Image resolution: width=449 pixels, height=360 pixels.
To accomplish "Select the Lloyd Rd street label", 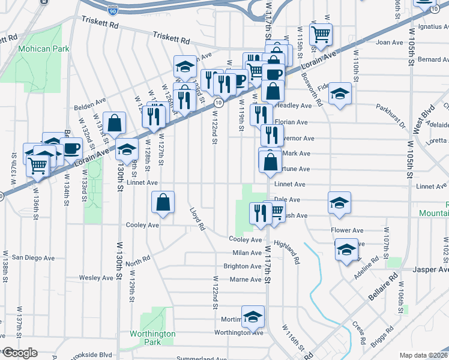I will tap(197, 220).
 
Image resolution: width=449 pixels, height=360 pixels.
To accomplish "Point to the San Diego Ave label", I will tap(34, 257).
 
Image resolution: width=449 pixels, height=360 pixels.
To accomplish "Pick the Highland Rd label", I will tap(286, 253).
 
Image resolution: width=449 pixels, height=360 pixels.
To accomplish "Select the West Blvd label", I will tap(428, 119).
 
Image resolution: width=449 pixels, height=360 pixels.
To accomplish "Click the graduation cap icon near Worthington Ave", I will tap(253, 316).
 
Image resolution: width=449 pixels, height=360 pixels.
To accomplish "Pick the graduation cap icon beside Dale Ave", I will tap(339, 203).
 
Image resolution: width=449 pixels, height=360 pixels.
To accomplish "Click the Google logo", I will tap(19, 353).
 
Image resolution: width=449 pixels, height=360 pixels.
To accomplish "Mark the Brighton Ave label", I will tap(242, 266).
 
